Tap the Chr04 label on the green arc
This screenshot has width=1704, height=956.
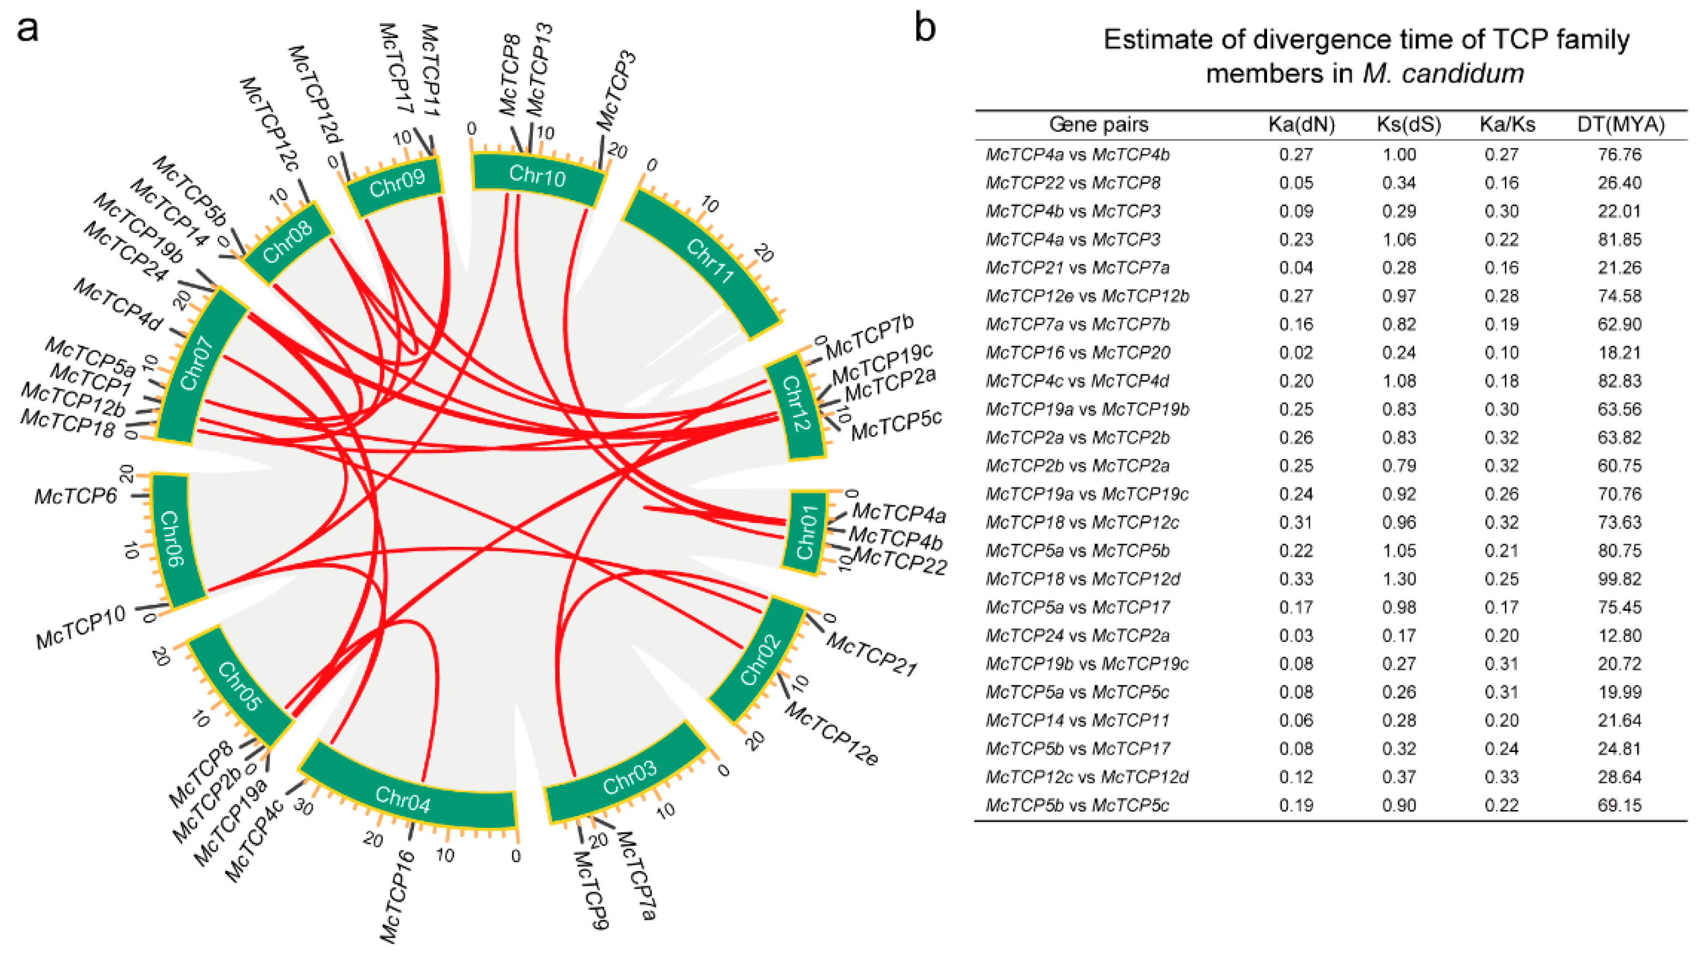(x=403, y=799)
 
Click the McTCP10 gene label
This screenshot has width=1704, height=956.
(x=80, y=627)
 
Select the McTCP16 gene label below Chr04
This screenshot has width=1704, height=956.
(x=397, y=897)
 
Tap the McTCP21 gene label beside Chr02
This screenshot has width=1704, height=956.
(x=871, y=654)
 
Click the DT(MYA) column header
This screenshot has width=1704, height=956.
(x=1620, y=124)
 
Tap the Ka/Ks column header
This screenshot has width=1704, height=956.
(x=1507, y=124)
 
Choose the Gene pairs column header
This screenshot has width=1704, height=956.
(x=1099, y=124)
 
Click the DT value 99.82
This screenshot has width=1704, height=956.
(x=1619, y=579)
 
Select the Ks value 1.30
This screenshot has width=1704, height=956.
(x=1399, y=579)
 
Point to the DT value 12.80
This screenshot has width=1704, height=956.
(x=1619, y=636)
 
